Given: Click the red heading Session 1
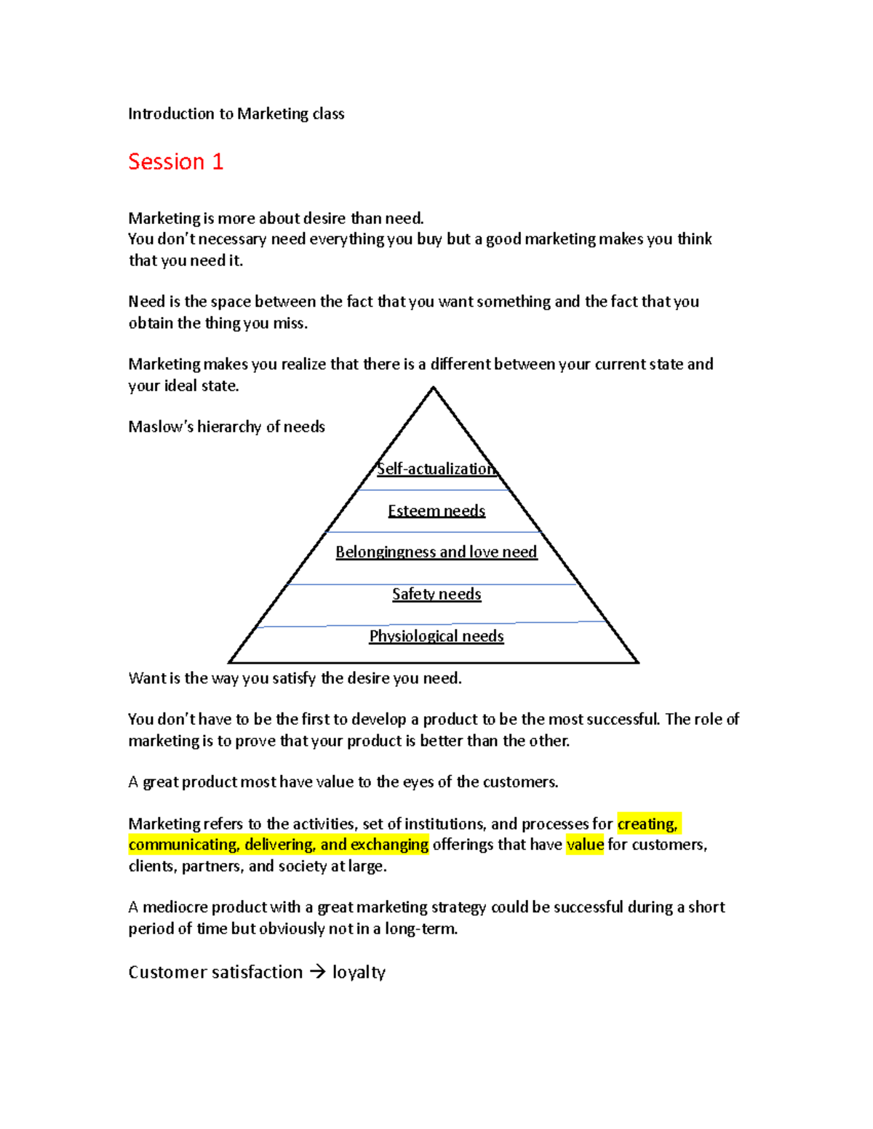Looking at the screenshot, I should pos(175,161).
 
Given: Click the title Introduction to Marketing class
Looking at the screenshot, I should pos(236,113).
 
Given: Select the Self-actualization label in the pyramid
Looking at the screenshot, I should pos(436,469).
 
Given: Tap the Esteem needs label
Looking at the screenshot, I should pos(436,510).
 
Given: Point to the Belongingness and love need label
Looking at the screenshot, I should pos(436,552).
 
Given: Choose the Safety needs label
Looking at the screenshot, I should pos(436,594).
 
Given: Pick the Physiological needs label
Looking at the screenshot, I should pos(436,636).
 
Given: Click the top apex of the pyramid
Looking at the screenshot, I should pos(434,388).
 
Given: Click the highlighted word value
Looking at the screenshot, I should pos(585,845).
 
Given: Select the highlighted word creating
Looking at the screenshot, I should pos(647,824).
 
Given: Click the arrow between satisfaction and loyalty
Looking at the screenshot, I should pos(317,972).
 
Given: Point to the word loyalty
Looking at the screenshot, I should pos(359,973).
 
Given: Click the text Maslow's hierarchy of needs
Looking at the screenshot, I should pos(226,427).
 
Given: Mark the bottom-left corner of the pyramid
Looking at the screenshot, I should pos(230,662).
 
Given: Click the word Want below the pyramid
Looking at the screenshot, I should pos(146,678).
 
